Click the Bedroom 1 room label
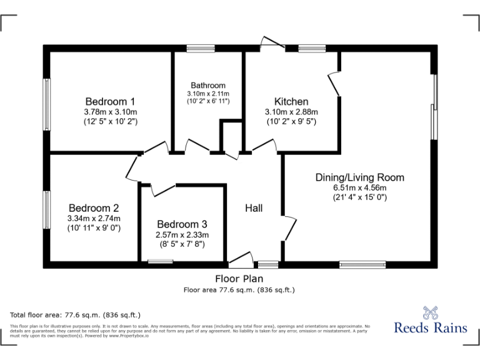coord(110,101)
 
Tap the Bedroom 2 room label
coord(94,208)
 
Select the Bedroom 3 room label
coord(182,224)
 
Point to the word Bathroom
coord(208,86)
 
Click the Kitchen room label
coord(291,101)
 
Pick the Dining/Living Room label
coord(359,177)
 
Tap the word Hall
coord(254,208)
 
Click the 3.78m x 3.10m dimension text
coord(110,112)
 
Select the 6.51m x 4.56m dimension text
coord(359,187)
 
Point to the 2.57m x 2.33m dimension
coord(182,234)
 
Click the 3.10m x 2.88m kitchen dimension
coord(291,112)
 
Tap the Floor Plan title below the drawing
coord(239,279)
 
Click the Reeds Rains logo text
coord(431,327)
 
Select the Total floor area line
coord(76,314)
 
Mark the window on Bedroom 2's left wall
coord(46,209)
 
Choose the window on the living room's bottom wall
coord(362,264)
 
